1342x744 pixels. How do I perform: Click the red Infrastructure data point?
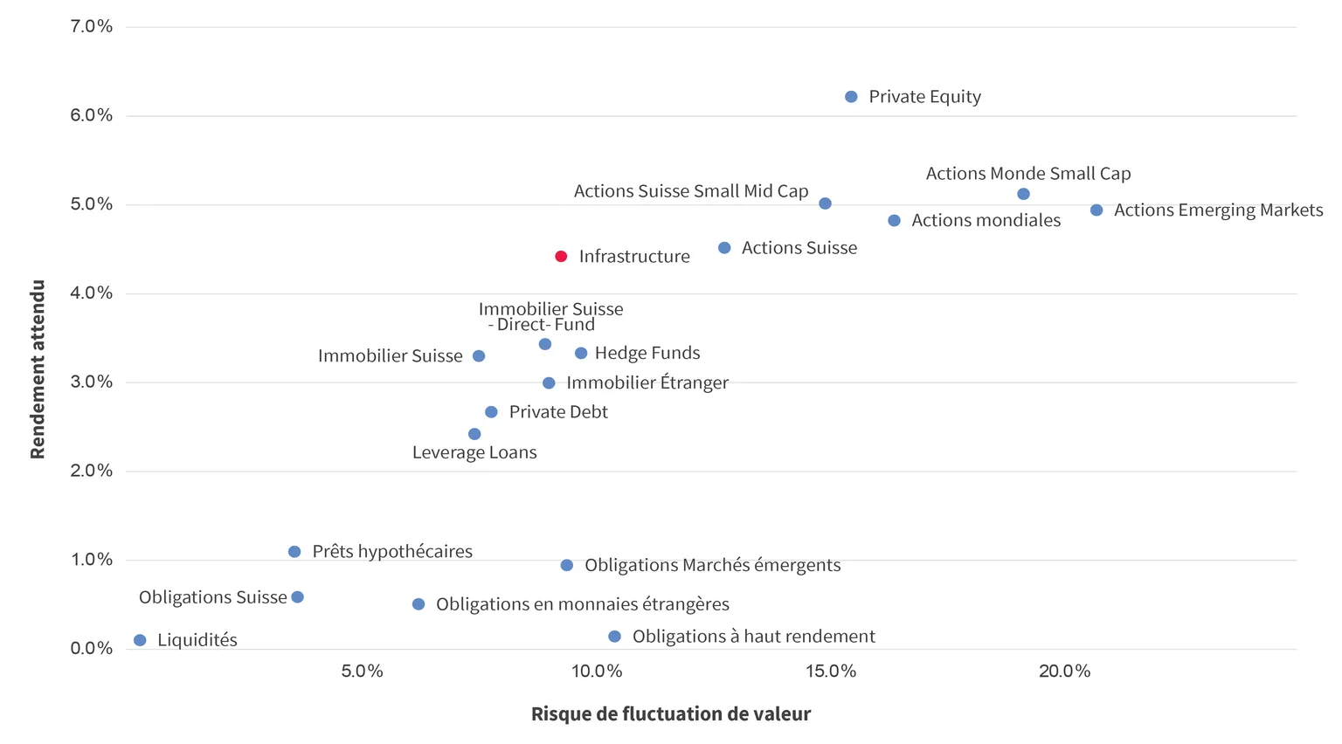coord(561,257)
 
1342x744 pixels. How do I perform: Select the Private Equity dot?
coord(851,96)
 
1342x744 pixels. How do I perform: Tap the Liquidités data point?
coord(140,640)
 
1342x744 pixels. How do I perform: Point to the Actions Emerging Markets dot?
coord(1096,210)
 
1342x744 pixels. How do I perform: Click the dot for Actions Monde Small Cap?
coord(1023,194)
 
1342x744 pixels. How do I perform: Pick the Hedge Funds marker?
coord(580,354)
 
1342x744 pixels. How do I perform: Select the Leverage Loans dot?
coord(474,434)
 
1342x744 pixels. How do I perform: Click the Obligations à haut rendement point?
coord(614,637)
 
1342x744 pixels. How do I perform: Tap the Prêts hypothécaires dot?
coord(294,552)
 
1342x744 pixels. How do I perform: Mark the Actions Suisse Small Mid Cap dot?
coord(825,203)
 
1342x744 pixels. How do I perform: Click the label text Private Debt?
coord(558,412)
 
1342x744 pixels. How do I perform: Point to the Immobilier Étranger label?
coord(647,382)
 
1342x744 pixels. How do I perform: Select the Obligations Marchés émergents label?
coord(713,565)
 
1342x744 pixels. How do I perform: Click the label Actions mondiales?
coord(986,220)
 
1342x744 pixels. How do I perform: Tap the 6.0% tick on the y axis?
coord(91,115)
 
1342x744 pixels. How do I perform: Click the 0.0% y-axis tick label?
coord(91,648)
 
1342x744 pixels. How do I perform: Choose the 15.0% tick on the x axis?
coord(831,671)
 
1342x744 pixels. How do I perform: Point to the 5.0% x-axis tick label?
coord(362,671)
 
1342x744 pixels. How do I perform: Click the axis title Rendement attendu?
coord(38,369)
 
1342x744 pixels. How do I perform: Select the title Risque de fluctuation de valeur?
coord(671,714)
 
